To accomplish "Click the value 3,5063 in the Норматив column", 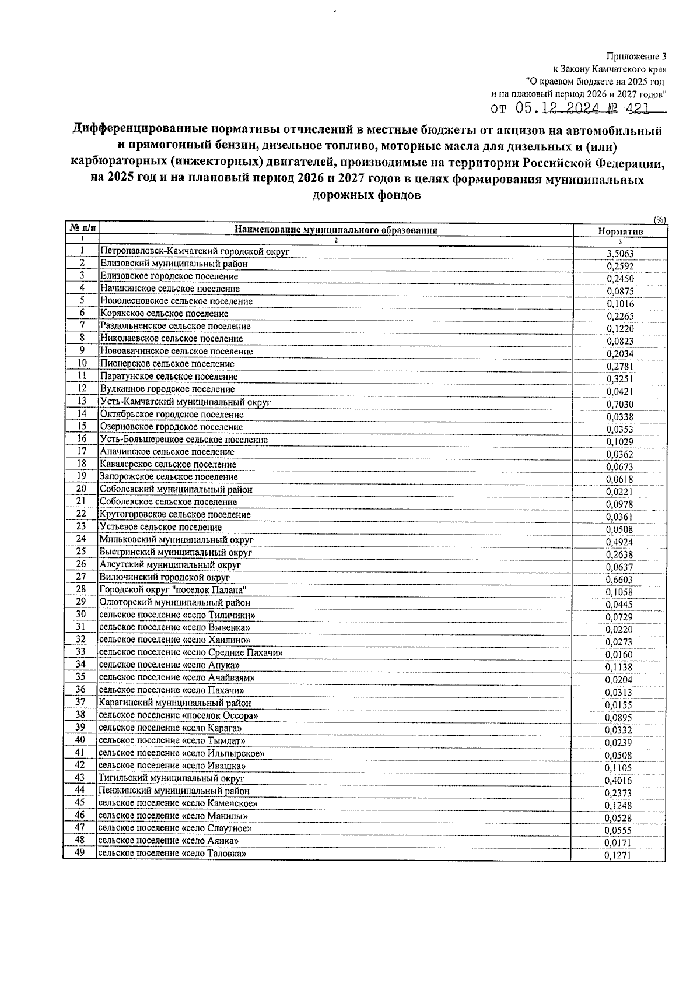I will click(619, 254).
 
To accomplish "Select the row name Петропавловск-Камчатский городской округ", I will click(195, 251).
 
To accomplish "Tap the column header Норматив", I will click(620, 231).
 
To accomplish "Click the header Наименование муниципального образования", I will click(335, 230).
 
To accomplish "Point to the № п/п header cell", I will click(81, 227).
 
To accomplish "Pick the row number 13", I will click(82, 401).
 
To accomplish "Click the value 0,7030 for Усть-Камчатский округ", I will click(619, 405).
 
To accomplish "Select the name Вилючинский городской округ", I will click(164, 577).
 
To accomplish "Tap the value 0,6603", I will click(619, 580).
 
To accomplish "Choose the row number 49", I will click(80, 853).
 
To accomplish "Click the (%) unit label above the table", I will click(659, 220).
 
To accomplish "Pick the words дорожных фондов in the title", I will click(367, 195).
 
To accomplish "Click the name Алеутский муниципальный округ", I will click(170, 564).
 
